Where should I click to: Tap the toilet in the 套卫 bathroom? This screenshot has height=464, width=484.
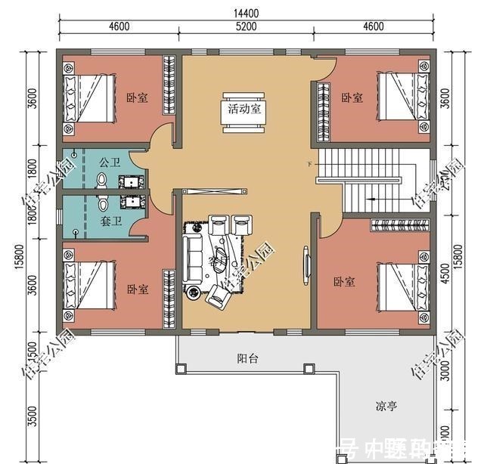point(104,203)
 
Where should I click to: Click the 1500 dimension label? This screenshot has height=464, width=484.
point(31,349)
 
